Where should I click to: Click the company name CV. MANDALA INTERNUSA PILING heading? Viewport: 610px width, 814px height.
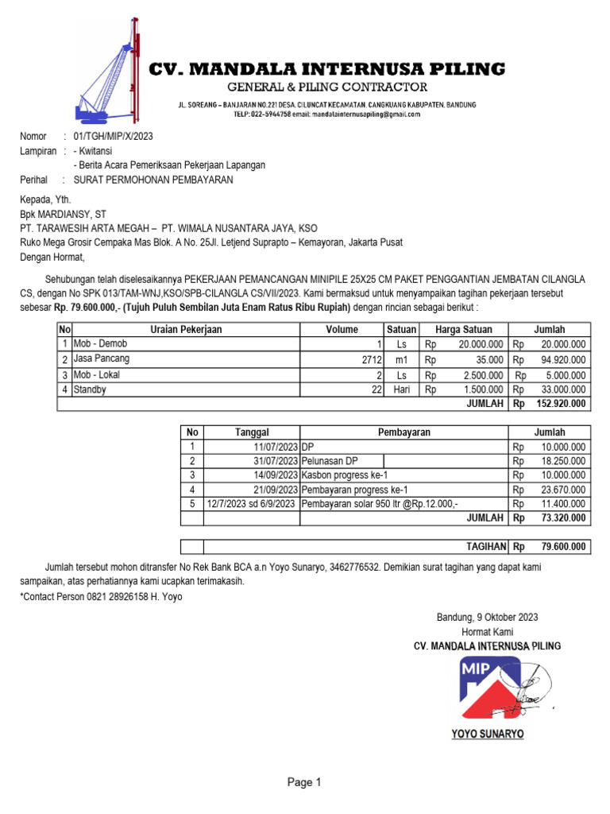coord(327,68)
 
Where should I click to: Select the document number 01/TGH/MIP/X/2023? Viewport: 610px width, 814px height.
coord(112,137)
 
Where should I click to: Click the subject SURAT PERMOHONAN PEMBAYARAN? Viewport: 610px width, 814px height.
coord(152,180)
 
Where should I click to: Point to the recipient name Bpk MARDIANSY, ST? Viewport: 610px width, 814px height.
coord(63,215)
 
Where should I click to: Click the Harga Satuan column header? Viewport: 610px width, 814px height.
coord(464,330)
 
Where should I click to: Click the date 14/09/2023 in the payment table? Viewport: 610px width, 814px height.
coord(276,475)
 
